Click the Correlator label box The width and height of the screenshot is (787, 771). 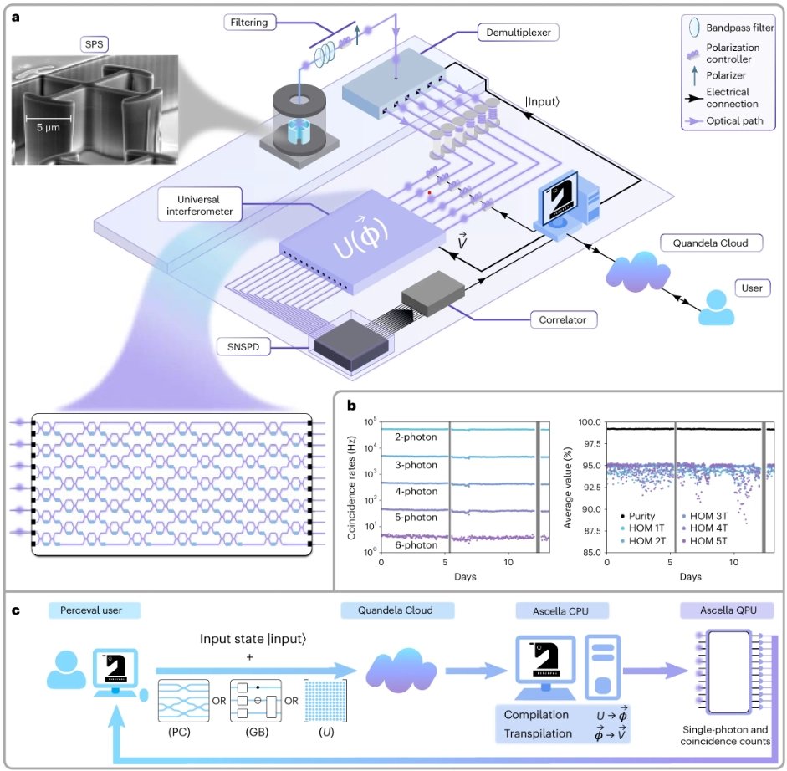(x=562, y=319)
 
